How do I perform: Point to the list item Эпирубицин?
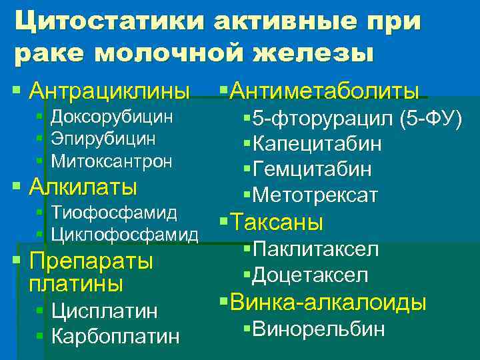tap(103, 139)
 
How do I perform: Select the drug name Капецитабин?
tap(317, 144)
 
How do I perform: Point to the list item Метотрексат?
tap(316, 195)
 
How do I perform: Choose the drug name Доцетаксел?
tap(311, 275)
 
